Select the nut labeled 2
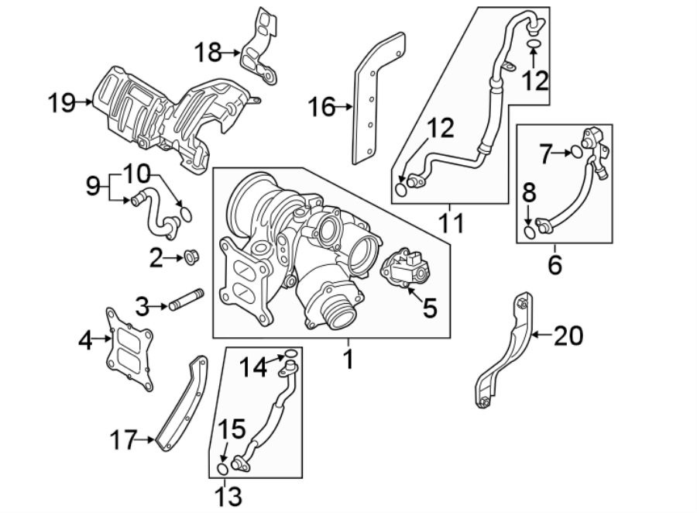click(x=190, y=256)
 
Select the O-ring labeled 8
click(x=529, y=230)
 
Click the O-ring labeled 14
click(x=290, y=355)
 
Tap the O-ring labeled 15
click(x=223, y=469)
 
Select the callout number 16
click(x=322, y=107)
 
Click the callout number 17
click(x=122, y=440)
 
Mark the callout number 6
click(x=555, y=264)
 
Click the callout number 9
click(x=93, y=185)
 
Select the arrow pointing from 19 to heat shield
click(x=84, y=102)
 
